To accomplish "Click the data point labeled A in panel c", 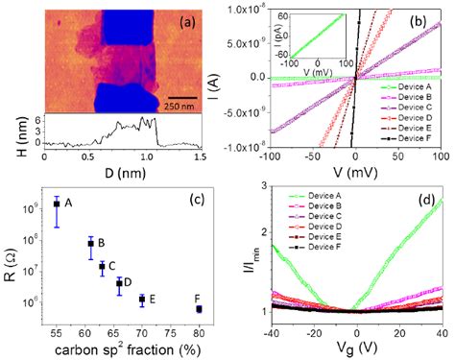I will (57, 204).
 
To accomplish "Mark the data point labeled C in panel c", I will (102, 267).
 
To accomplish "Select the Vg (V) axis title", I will (356, 349).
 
